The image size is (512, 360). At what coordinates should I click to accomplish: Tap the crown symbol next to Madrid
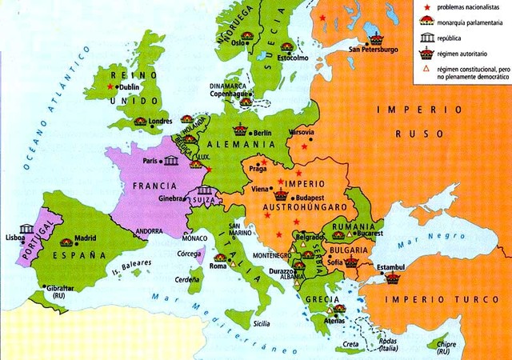coord(66,242)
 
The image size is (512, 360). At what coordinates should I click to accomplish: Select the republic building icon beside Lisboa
coord(26,230)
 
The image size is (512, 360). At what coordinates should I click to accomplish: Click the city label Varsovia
coord(301,131)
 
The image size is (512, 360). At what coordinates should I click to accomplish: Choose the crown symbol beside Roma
coord(219,258)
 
